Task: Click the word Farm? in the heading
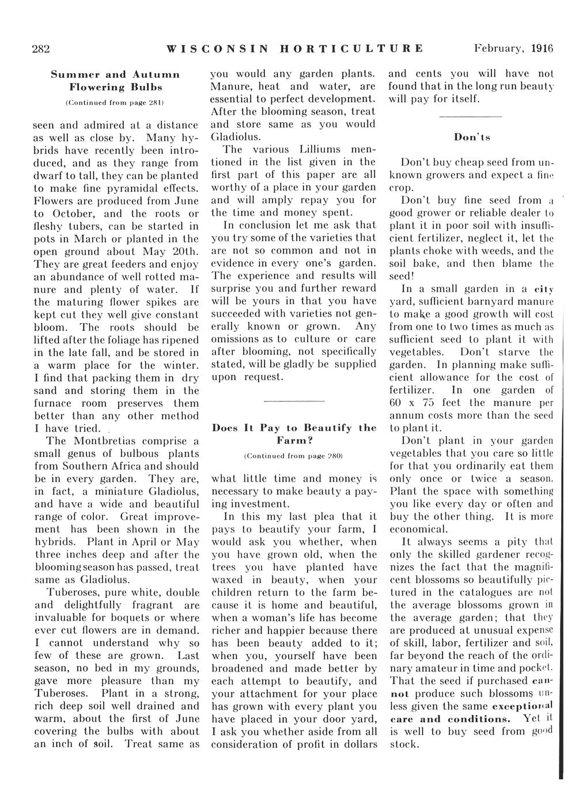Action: click(294, 440)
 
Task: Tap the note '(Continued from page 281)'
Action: click(116, 101)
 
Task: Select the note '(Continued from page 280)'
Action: click(294, 456)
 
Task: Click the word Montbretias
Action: click(111, 441)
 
